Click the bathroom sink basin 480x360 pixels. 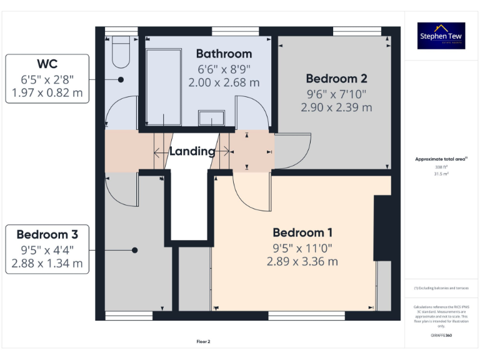tap(211, 117)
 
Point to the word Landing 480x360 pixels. tap(192, 151)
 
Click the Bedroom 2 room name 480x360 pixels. tap(336, 79)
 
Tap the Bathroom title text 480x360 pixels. tap(224, 54)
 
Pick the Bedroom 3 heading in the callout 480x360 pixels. tap(47, 235)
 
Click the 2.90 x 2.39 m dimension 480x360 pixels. tap(336, 107)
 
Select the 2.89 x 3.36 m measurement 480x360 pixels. tap(302, 261)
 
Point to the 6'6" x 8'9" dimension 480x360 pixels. tap(224, 69)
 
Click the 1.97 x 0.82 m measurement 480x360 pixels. tap(47, 94)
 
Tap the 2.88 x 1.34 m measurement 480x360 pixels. tap(47, 263)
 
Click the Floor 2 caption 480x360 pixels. tap(204, 342)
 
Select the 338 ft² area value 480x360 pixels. tap(441, 167)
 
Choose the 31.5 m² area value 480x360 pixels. tap(441, 174)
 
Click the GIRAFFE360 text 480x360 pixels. tap(441, 336)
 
